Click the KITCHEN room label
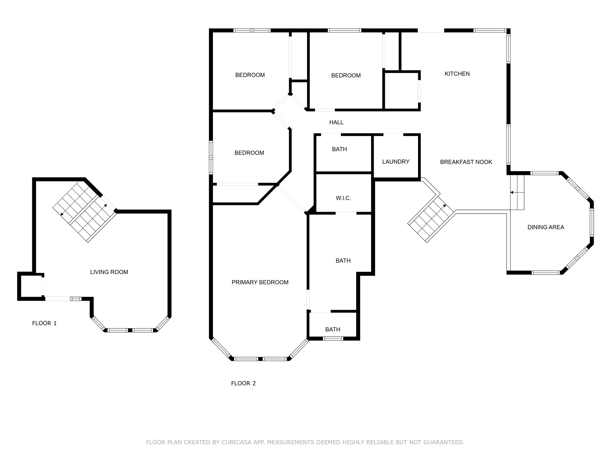457,74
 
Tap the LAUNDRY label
396,162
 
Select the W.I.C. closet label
343,198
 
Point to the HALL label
336,122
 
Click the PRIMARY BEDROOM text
260,282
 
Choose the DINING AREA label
546,227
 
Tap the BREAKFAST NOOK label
466,162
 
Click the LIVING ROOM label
109,272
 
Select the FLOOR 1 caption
44,323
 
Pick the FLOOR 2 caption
243,383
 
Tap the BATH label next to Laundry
339,149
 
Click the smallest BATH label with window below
333,329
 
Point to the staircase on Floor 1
84,212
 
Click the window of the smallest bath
333,338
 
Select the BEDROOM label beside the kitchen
346,75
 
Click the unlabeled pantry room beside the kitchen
401,91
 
